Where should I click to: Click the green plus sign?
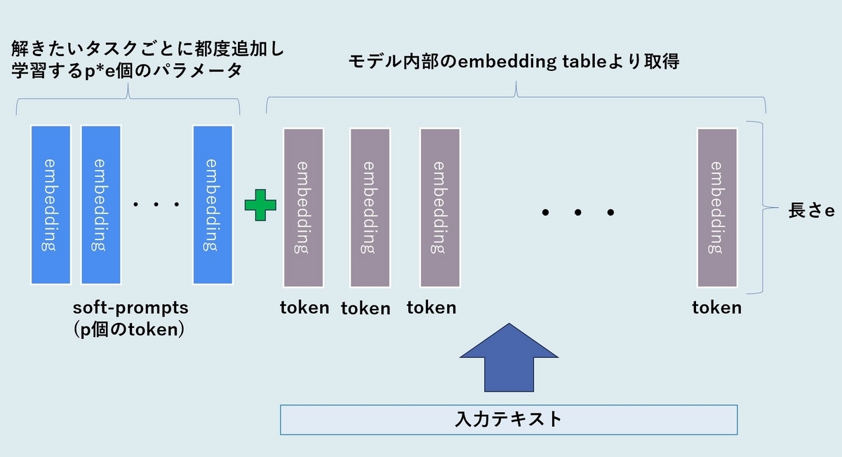260,205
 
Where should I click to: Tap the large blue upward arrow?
509,357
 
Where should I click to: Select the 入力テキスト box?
509,420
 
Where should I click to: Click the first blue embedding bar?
51,204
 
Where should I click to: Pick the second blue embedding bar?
101,204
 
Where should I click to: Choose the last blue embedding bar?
213,204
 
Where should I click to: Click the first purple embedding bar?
303,208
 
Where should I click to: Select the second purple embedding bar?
370,208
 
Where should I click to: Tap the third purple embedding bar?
440,208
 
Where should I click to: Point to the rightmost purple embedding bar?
717,208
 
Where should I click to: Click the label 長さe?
811,211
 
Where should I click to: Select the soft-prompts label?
131,308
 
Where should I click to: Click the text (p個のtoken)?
129,329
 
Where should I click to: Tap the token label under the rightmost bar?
717,307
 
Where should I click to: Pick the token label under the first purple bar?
305,307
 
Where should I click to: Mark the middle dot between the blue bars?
156,204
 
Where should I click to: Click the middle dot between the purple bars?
578,213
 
